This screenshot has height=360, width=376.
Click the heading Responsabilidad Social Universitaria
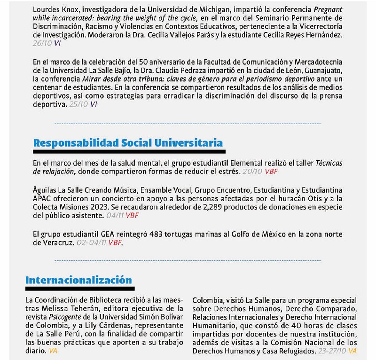[128, 143]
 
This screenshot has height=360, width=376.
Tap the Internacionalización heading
[78, 280]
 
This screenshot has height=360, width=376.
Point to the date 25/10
[78, 105]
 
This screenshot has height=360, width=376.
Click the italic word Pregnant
[327, 9]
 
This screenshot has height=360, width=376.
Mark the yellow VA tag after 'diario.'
[54, 351]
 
